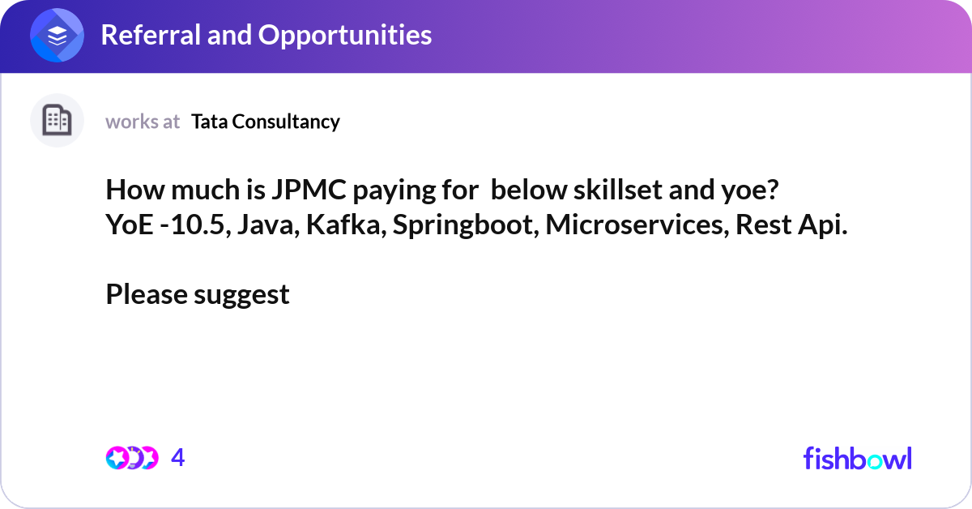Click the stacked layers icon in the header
coord(58,36)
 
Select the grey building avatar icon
coord(57,121)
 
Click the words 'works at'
coord(143,122)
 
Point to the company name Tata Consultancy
coord(266,122)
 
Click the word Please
coord(147,294)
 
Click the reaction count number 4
coord(178,458)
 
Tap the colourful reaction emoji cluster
coord(131,458)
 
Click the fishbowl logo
coord(857,458)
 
